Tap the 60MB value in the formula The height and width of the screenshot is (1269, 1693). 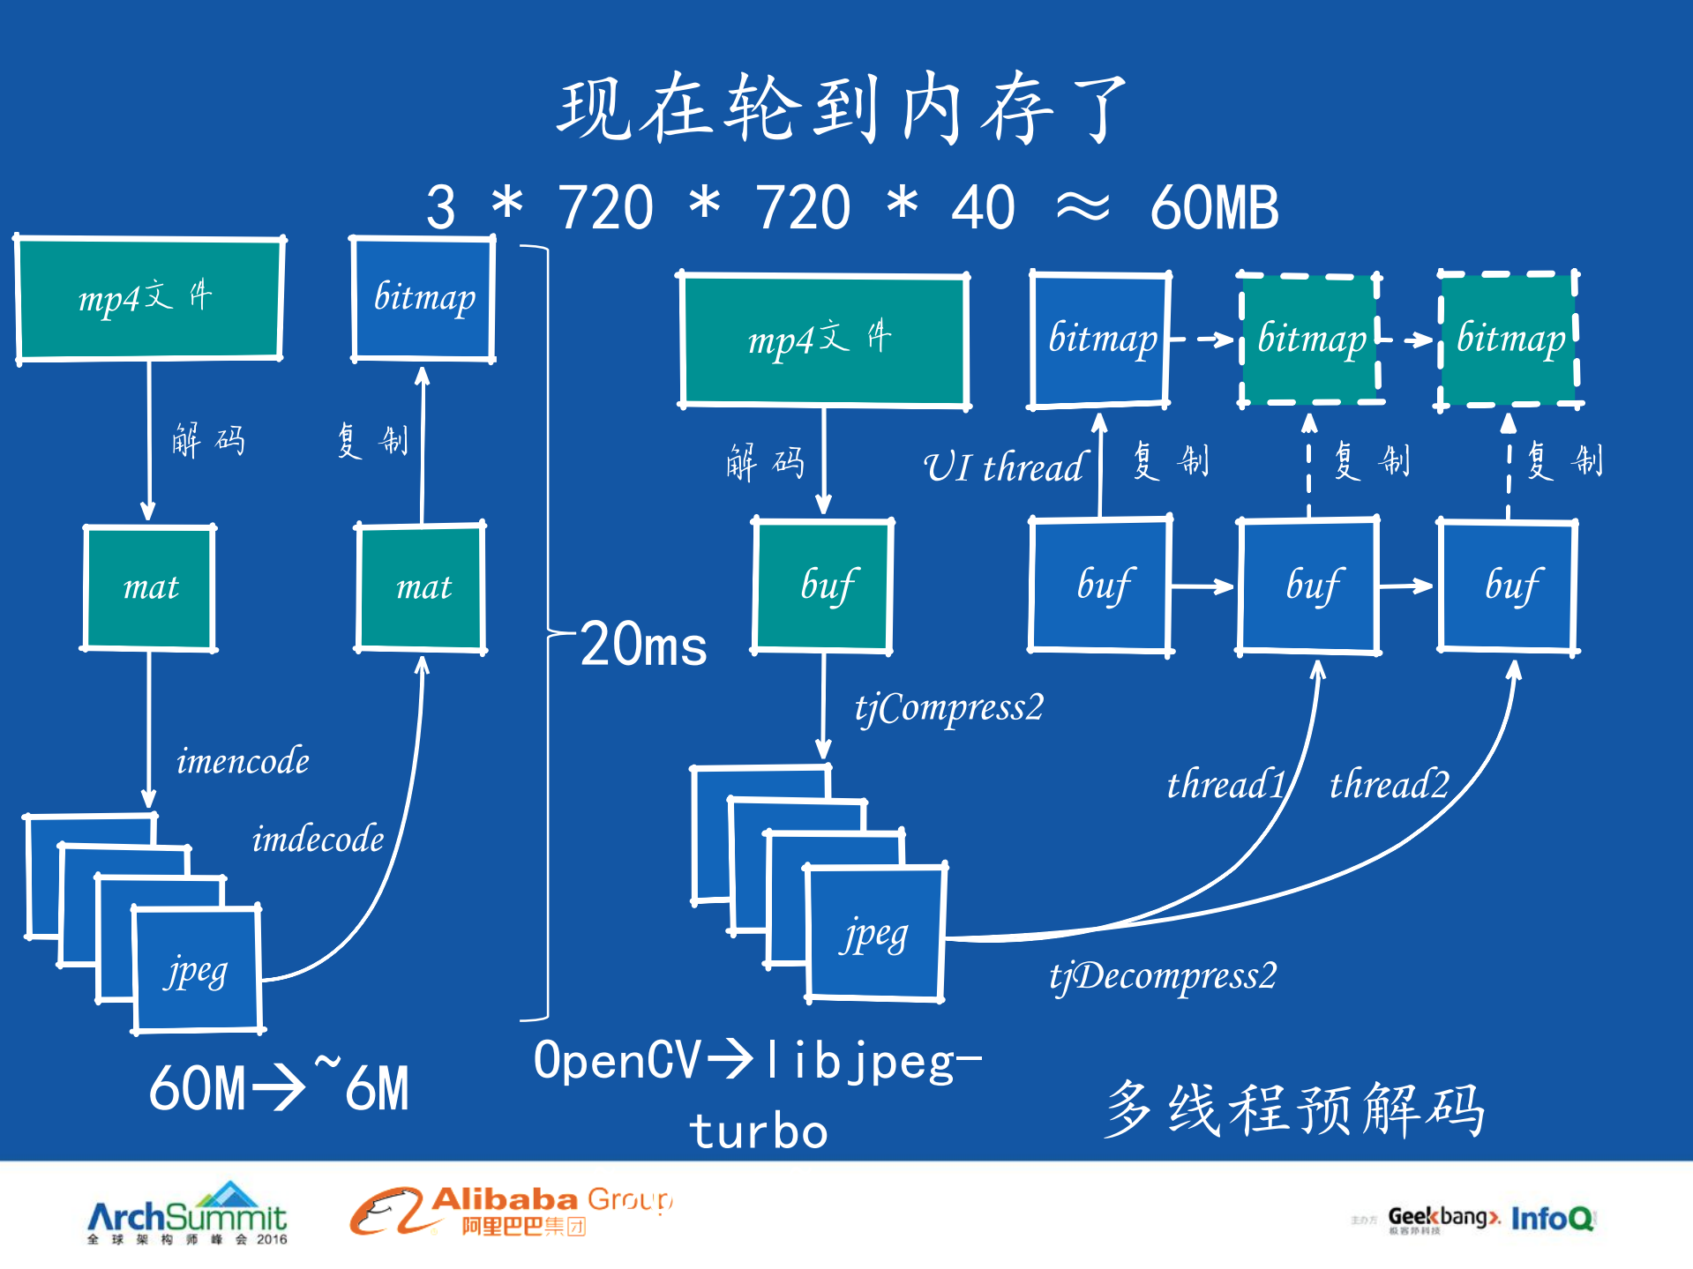point(1214,209)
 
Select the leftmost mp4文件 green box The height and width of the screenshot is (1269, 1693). point(149,298)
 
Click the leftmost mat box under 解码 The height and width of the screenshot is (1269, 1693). point(150,587)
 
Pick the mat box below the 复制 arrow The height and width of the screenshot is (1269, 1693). point(422,587)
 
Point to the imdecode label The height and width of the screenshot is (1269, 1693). point(318,840)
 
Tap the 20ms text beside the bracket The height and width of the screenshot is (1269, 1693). point(644,645)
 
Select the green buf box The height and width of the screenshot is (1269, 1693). point(823,586)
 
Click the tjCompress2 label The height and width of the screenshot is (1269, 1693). point(948,708)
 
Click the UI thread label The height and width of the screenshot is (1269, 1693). point(1003,467)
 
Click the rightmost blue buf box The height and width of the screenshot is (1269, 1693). point(1509,586)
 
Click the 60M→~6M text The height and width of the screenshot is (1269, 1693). point(279,1088)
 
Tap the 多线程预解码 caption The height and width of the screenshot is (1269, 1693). point(1294,1109)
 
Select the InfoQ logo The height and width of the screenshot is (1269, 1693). point(1551,1219)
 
